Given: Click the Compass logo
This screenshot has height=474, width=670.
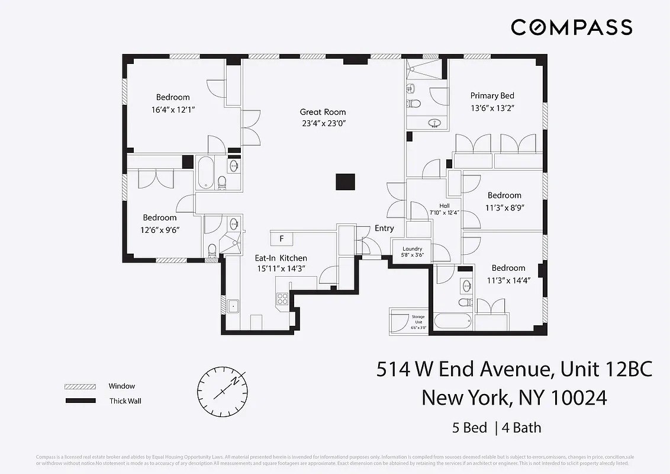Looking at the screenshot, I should [x=571, y=27].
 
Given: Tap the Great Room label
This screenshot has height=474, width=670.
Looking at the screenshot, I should [x=323, y=112].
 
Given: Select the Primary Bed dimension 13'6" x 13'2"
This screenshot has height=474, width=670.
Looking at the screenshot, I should [x=492, y=108].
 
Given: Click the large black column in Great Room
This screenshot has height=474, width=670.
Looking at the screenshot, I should [x=344, y=182].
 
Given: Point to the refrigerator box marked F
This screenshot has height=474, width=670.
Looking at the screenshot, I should [x=282, y=239].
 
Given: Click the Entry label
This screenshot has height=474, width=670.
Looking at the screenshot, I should [x=384, y=228].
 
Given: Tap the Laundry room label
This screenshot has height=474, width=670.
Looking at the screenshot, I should [x=412, y=249].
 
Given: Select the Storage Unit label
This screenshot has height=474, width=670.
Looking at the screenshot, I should [x=418, y=320].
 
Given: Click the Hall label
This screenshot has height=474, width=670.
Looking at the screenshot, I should [x=444, y=206].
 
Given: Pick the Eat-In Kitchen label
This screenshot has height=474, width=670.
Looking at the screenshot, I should [x=281, y=258].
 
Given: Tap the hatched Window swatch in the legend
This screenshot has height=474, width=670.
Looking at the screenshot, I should [x=80, y=386].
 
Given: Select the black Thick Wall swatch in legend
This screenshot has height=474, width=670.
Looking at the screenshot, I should [x=80, y=401].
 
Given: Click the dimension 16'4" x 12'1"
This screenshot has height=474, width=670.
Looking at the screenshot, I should [x=173, y=110].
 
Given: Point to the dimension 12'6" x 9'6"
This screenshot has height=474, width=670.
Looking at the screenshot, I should [x=159, y=229].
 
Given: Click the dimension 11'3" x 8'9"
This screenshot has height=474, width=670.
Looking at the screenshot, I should [x=505, y=207].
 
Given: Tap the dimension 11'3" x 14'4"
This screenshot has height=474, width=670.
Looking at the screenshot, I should [x=508, y=280].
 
